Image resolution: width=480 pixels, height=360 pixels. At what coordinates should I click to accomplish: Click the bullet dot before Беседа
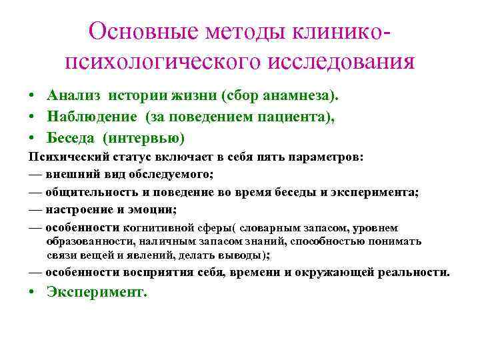[33, 138]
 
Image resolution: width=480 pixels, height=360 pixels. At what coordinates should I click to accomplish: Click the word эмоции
[154, 209]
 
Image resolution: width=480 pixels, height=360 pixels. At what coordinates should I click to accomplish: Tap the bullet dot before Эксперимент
[33, 293]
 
